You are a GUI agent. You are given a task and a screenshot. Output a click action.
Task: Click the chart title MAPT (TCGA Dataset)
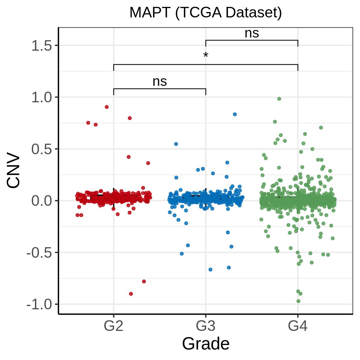pos(205,13)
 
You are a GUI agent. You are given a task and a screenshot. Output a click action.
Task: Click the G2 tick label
pos(113,326)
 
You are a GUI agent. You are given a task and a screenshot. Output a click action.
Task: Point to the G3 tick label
pos(205,326)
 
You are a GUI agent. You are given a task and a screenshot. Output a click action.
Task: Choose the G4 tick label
pos(298,326)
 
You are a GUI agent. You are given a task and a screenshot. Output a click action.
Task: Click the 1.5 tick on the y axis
pos(42,46)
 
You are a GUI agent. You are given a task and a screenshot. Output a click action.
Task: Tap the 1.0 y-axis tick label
pos(42,97)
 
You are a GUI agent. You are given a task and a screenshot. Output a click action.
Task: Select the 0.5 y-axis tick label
pos(42,149)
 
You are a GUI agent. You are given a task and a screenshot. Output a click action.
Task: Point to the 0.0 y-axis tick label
pos(42,201)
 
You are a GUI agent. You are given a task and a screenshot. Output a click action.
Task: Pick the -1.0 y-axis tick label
pos(39,304)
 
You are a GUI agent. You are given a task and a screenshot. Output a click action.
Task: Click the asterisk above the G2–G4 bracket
pos(205,55)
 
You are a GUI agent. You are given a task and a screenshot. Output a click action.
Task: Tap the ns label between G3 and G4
pos(252,34)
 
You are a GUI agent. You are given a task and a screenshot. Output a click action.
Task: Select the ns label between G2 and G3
pos(160,82)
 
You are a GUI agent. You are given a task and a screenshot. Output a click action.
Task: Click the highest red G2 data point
pos(107,107)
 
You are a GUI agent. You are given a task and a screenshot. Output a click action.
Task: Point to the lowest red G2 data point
pos(131,294)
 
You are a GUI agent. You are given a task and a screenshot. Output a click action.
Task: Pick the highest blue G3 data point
pos(235,114)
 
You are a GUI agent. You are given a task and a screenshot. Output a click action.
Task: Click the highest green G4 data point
pos(279,99)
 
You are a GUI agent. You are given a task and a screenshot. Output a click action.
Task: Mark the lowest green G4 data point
pos(298,301)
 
